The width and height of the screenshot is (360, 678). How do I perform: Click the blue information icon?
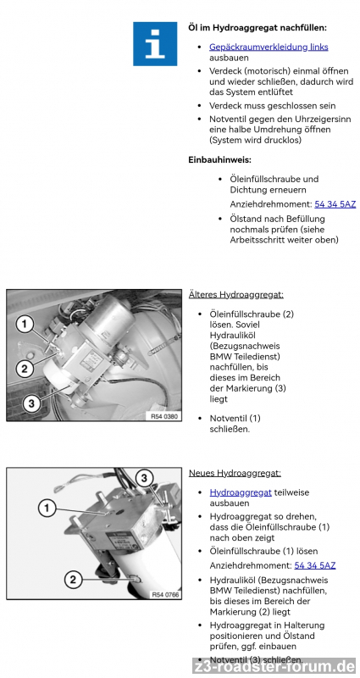(155, 44)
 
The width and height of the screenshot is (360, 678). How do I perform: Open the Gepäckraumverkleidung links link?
(269, 47)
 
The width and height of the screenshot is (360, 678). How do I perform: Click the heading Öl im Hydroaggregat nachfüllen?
(258, 28)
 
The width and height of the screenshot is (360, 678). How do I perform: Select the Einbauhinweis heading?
(219, 159)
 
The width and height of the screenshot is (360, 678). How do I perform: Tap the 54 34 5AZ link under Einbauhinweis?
(335, 204)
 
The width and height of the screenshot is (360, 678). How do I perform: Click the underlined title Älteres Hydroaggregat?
(236, 295)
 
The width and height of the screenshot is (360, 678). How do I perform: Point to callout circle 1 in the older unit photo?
(25, 324)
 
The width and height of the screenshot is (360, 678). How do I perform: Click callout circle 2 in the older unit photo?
(25, 369)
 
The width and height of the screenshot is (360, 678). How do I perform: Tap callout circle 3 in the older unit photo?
(30, 404)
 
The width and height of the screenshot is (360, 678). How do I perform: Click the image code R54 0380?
(164, 416)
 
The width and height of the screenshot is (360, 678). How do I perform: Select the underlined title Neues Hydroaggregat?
(235, 473)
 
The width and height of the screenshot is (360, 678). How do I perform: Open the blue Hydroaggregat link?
(241, 492)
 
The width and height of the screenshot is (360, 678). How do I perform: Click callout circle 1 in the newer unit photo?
(47, 508)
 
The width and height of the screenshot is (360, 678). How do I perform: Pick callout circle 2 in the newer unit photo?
(73, 580)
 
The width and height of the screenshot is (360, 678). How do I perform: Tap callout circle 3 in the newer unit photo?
(144, 478)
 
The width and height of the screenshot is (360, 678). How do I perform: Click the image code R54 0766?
(164, 595)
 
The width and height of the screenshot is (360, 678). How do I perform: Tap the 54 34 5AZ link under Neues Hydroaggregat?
(314, 565)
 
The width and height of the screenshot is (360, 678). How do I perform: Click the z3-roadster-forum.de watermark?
(274, 666)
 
